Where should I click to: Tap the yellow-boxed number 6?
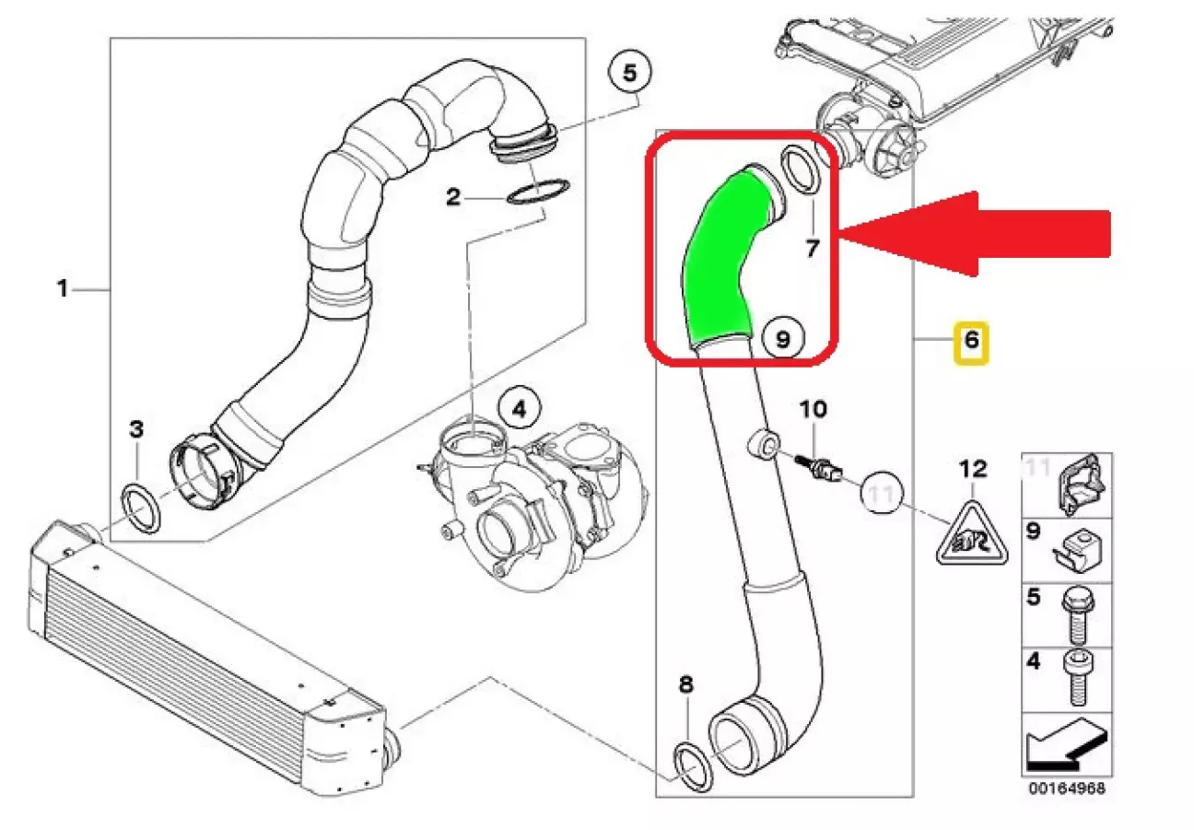(x=970, y=343)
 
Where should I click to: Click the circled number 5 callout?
(x=630, y=73)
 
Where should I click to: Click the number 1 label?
(x=63, y=289)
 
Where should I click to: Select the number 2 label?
(x=452, y=196)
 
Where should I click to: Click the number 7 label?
(x=812, y=247)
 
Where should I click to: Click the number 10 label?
(x=813, y=407)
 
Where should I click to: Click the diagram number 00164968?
(x=1067, y=789)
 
